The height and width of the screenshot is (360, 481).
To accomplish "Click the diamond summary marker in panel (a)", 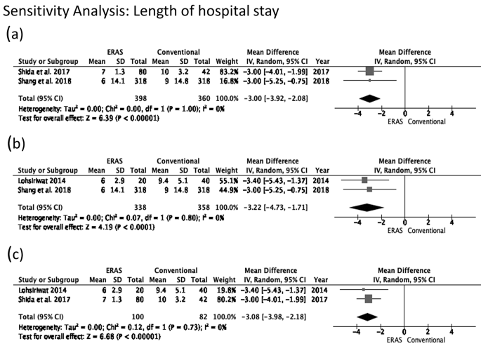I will (x=369, y=98).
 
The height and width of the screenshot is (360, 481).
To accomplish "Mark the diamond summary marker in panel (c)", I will (x=368, y=316).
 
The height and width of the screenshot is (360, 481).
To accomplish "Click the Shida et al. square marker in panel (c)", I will (x=369, y=298).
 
